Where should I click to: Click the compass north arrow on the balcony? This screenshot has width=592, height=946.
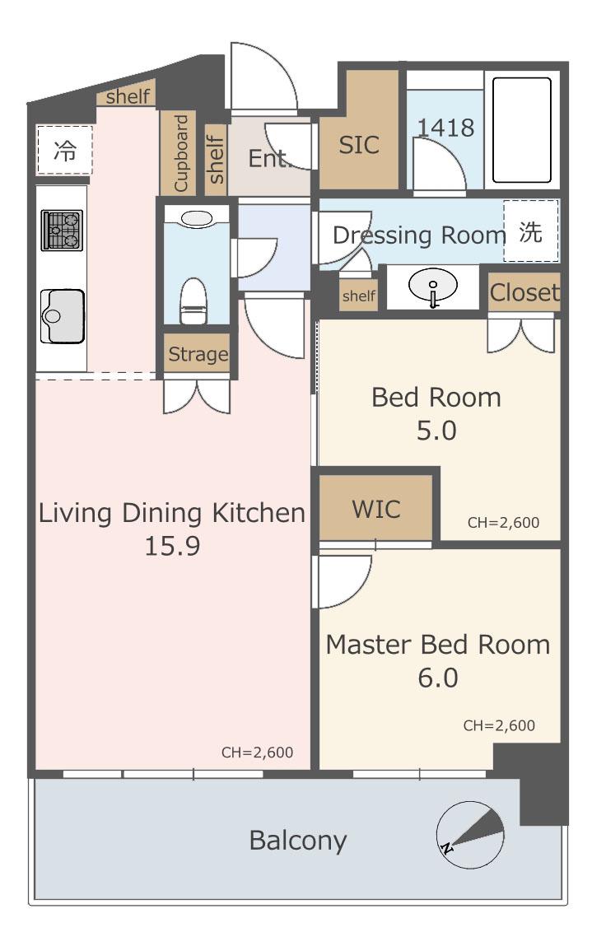pyautogui.click(x=470, y=835)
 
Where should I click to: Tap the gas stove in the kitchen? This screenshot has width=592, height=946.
pyautogui.click(x=62, y=230)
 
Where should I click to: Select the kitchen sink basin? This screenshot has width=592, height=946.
pyautogui.click(x=62, y=316)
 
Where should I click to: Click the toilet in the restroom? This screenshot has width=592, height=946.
pyautogui.click(x=193, y=301)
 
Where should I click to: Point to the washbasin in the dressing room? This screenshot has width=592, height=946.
pyautogui.click(x=433, y=285)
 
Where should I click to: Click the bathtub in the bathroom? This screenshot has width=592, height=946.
pyautogui.click(x=522, y=130)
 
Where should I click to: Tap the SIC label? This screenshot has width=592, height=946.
pyautogui.click(x=359, y=145)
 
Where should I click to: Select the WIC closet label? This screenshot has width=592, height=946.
pyautogui.click(x=376, y=509)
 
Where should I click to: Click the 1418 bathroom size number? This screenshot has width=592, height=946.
pyautogui.click(x=446, y=128)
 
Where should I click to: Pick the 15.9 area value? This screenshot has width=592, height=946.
pyautogui.click(x=172, y=546)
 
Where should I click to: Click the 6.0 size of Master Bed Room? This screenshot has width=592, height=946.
pyautogui.click(x=437, y=678)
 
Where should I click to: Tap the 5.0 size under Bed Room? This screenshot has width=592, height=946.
pyautogui.click(x=436, y=431)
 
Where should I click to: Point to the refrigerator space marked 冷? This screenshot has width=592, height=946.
pyautogui.click(x=64, y=150)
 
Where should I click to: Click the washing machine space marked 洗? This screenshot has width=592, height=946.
pyautogui.click(x=530, y=231)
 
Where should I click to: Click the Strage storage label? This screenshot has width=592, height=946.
pyautogui.click(x=198, y=354)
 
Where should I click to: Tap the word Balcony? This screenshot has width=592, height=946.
pyautogui.click(x=298, y=841)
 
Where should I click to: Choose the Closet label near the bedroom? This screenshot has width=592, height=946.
pyautogui.click(x=524, y=292)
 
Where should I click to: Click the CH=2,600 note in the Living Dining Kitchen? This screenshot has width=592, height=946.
pyautogui.click(x=257, y=753)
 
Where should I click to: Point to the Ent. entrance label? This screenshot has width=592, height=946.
pyautogui.click(x=268, y=159)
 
